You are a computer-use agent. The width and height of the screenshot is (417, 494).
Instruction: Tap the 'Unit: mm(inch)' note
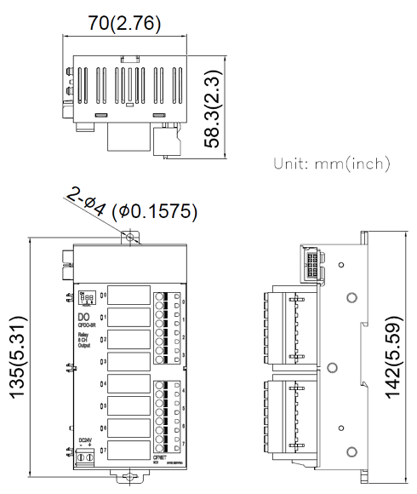click(330, 163)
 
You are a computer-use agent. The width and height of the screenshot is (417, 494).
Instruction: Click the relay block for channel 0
click(129, 296)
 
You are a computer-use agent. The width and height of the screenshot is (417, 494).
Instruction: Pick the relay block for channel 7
click(129, 449)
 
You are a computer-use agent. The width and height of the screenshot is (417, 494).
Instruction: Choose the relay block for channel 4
click(129, 384)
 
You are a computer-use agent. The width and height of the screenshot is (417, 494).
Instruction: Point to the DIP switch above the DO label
click(85, 299)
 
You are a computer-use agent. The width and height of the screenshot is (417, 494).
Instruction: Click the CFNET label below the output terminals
click(162, 457)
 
